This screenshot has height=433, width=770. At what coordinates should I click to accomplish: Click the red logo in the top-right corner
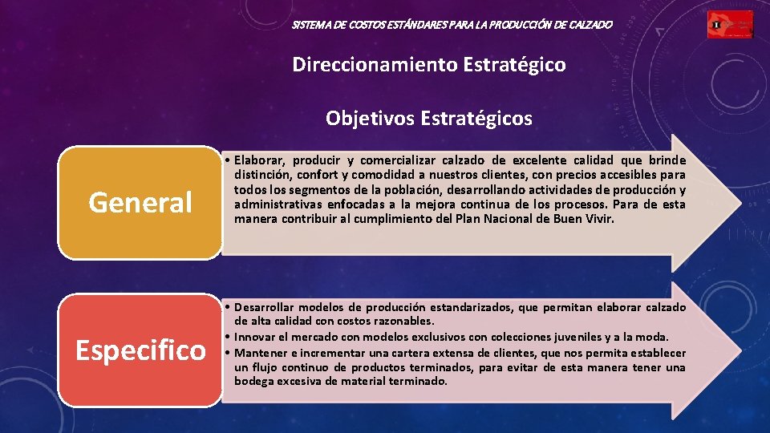pos(730,25)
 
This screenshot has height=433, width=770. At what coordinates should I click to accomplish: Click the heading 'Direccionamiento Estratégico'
pos(429,64)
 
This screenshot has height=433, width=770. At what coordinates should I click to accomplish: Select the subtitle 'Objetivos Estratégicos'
pos(428,119)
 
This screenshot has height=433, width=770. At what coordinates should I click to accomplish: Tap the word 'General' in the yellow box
pos(140,203)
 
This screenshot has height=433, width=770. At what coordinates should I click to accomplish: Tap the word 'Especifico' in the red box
pos(140,350)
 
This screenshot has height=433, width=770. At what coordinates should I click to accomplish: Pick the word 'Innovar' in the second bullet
pos(254,337)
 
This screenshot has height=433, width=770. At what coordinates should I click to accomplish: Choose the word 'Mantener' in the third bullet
pos(260,353)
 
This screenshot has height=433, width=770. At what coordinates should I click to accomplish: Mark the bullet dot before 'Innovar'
pos(229,337)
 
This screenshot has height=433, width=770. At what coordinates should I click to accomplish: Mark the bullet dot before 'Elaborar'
pos(229,160)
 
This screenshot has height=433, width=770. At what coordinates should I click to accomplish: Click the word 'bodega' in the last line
pos(253,381)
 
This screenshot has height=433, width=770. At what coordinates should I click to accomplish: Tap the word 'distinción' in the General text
pos(262,175)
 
